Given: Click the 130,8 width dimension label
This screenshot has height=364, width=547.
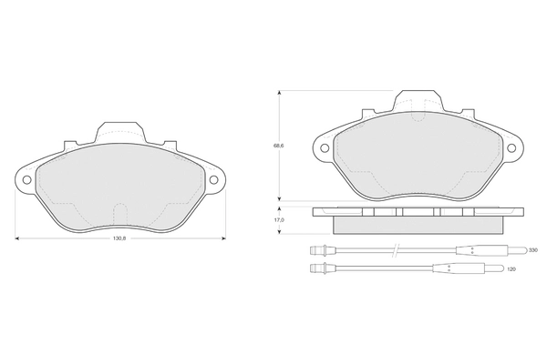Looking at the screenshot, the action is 119,238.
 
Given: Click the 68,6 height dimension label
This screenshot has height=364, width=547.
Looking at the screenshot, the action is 278,146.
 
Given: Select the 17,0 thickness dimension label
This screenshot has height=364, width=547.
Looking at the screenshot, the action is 278,220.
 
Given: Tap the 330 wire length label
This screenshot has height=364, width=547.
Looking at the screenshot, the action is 533,250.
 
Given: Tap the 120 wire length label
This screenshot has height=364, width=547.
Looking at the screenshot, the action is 511,269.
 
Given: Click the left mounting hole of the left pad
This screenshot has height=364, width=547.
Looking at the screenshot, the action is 26,179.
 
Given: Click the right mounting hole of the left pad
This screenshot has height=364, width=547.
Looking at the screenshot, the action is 213,179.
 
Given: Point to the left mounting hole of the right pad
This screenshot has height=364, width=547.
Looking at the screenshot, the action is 325,148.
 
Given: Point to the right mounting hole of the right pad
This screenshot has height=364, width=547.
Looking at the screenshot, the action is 511,148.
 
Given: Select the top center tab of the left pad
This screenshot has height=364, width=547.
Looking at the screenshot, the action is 120,132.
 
